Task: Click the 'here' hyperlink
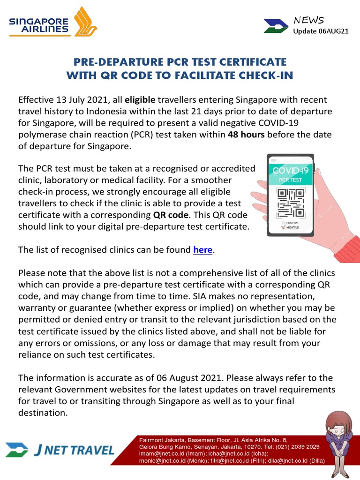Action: [202, 250]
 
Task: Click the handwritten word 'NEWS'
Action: [308, 20]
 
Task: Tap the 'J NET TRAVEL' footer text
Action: [75, 450]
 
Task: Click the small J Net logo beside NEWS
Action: [276, 26]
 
